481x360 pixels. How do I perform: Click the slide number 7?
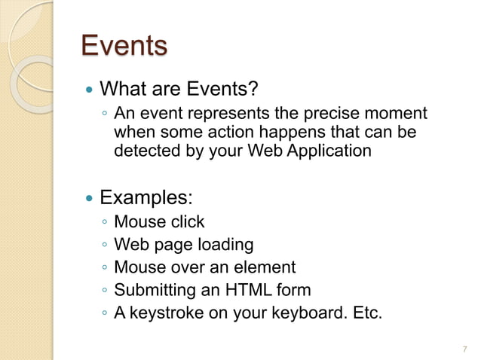pos(464,349)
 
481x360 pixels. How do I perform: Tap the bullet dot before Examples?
pos(90,200)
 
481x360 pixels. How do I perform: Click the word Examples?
pos(146,199)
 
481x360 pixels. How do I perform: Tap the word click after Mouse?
pos(185,222)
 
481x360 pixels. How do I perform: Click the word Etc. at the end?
pos(365,313)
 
